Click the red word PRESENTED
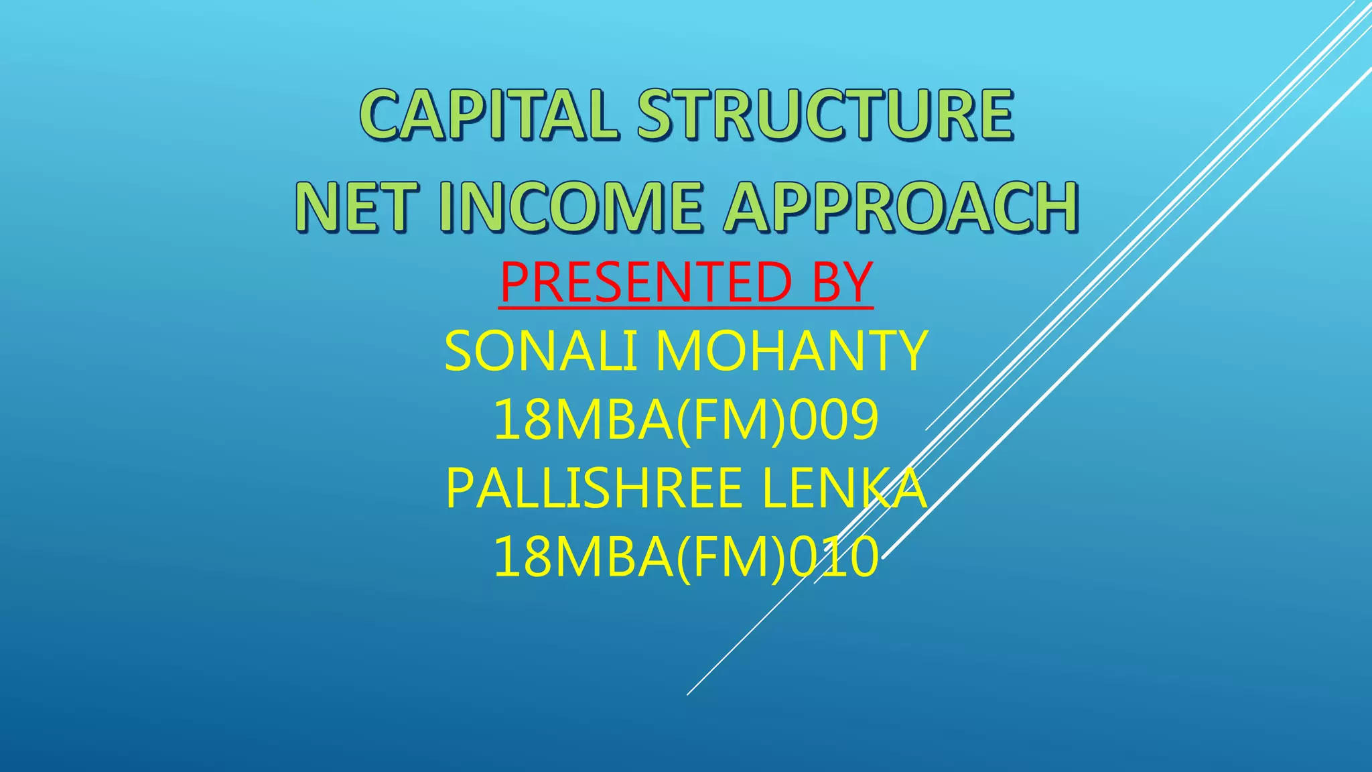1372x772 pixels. pos(644,282)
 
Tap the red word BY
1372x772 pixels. pos(841,282)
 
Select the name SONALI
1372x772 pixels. pos(541,351)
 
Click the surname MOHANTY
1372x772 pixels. pos(791,351)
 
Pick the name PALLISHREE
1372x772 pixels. pos(594,489)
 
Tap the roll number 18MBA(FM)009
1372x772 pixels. pos(685,420)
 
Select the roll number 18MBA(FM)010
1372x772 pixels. pos(685,558)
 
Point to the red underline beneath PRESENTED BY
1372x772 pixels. pos(685,308)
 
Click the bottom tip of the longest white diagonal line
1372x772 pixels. pos(688,694)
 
